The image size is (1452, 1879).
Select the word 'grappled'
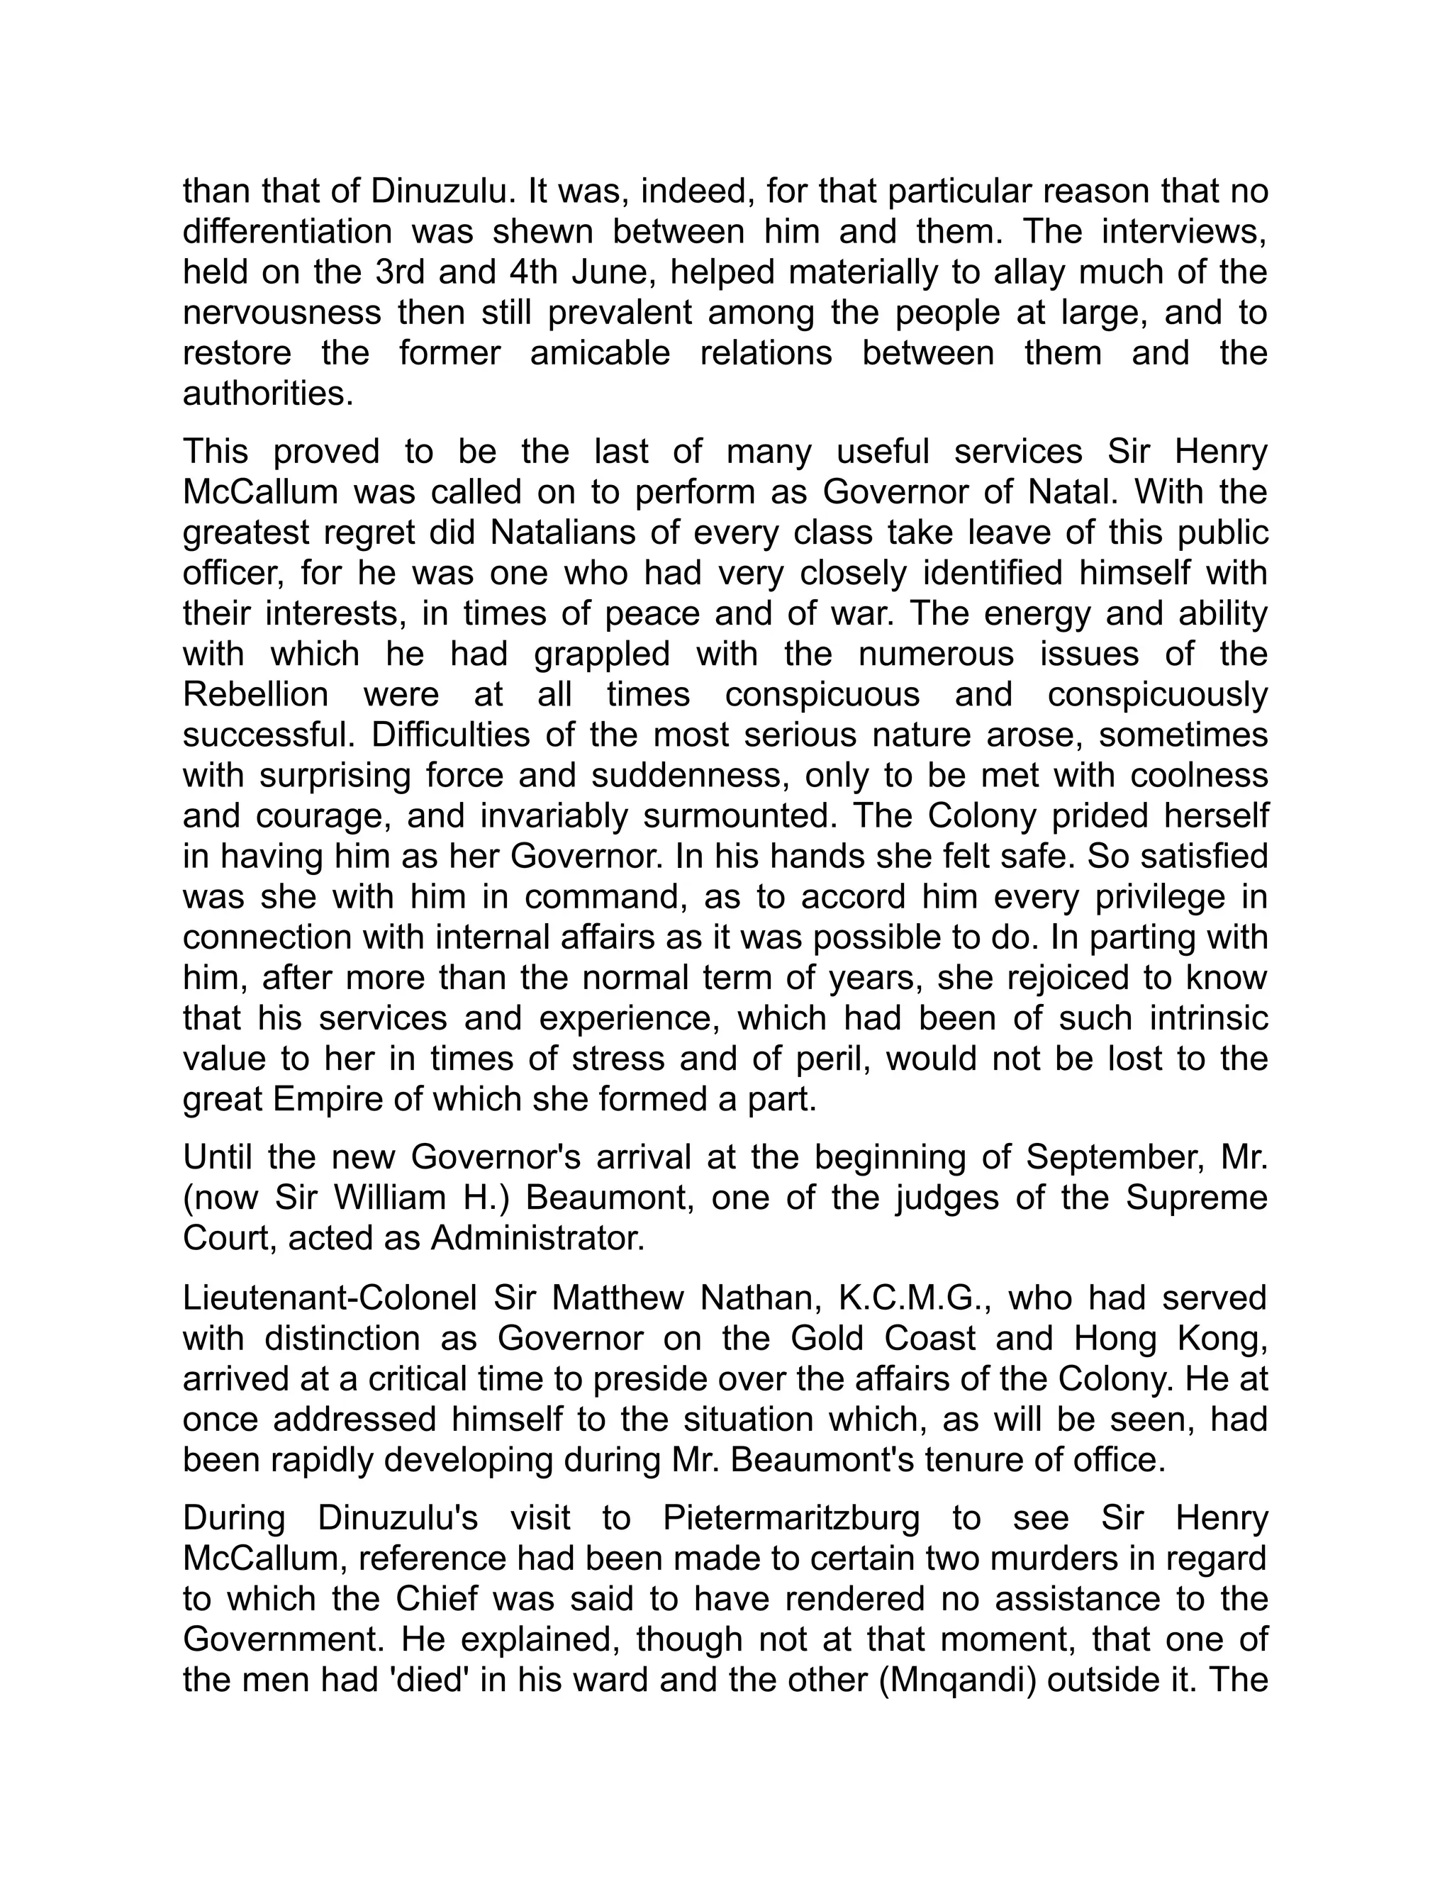click(601, 654)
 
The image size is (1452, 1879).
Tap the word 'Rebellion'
click(255, 694)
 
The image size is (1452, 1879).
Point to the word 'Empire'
click(328, 1098)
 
